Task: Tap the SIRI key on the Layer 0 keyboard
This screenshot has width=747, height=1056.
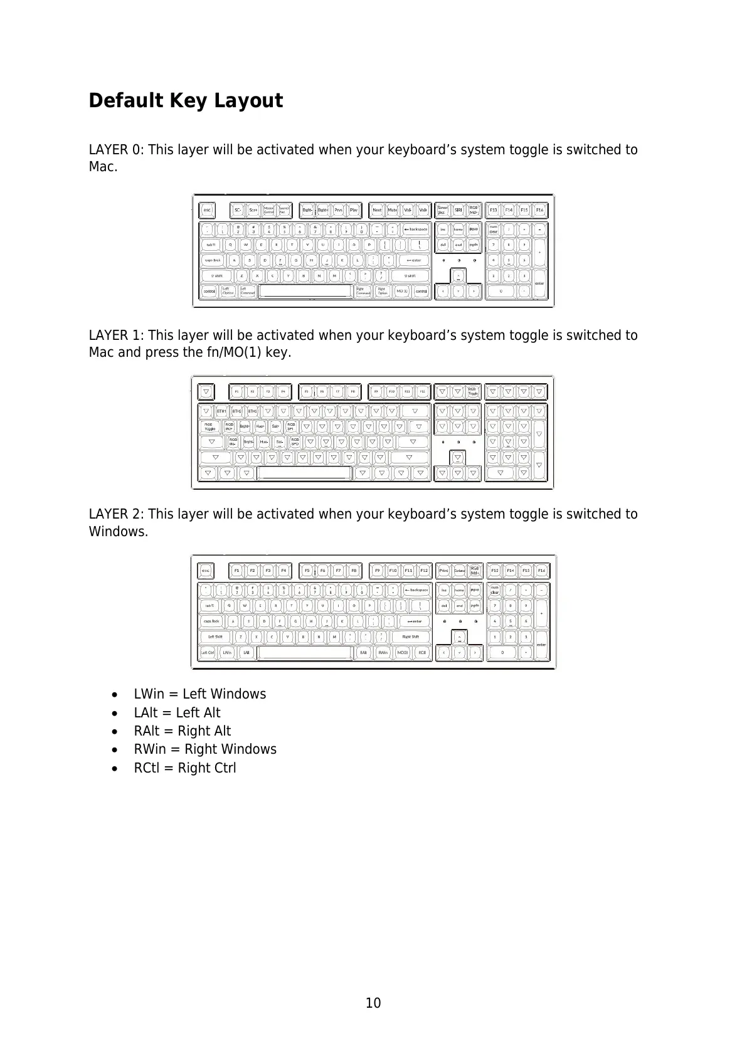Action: coord(458,210)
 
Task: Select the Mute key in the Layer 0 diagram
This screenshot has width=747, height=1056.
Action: coord(393,210)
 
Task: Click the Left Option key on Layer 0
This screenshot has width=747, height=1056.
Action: coord(228,291)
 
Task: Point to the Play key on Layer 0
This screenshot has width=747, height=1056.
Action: coord(354,210)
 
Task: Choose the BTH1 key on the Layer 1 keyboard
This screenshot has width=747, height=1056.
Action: coord(221,411)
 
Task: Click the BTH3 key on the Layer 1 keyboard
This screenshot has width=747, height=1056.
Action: coord(252,411)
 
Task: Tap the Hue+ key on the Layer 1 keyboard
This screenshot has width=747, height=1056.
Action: coord(260,426)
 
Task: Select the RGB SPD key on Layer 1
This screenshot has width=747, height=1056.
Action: coord(295,441)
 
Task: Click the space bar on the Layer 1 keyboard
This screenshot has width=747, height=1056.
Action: coord(305,473)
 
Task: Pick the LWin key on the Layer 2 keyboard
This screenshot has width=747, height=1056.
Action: coord(226,652)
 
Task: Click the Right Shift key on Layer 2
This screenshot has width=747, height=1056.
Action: coord(411,636)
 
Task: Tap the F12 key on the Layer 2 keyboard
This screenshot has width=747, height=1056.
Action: coord(424,571)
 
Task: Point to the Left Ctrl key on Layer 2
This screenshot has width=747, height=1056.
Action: coord(207,652)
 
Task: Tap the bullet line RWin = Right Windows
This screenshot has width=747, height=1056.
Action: coord(204,749)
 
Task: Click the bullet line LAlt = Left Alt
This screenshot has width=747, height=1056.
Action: coord(177,713)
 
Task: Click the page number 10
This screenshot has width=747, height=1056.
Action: coord(373,1003)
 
